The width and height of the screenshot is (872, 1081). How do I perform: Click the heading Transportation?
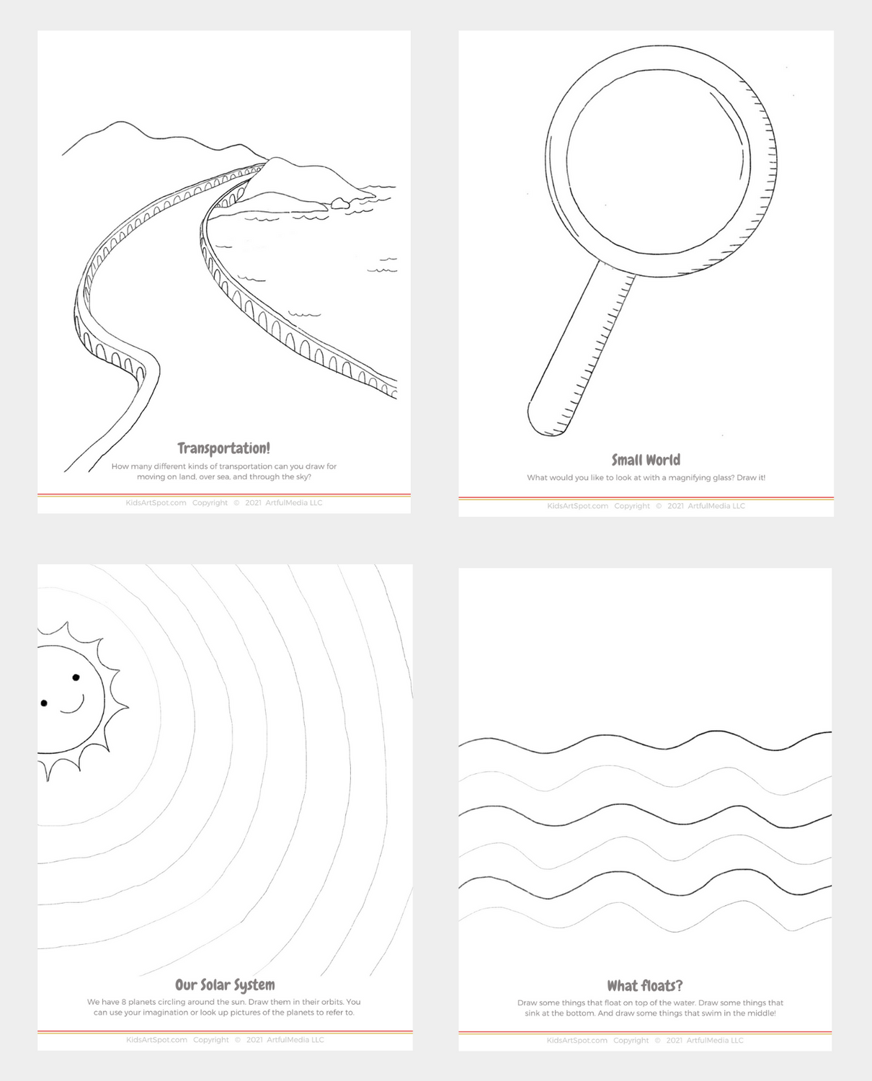click(223, 448)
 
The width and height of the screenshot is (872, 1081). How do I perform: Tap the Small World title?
click(646, 460)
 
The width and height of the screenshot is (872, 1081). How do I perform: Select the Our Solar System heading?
click(225, 984)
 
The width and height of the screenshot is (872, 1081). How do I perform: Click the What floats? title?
click(644, 985)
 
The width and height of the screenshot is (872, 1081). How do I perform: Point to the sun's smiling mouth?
click(72, 706)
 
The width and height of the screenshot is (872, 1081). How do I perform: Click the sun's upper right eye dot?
click(76, 677)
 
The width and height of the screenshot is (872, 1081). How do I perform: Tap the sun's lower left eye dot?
click(44, 703)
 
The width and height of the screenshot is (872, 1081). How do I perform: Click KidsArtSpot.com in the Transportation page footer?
click(156, 503)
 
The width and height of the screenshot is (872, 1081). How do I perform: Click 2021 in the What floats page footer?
click(675, 1040)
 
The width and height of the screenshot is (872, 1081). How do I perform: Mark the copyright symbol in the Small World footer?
click(659, 506)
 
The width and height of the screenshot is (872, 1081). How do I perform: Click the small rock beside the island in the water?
click(339, 205)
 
